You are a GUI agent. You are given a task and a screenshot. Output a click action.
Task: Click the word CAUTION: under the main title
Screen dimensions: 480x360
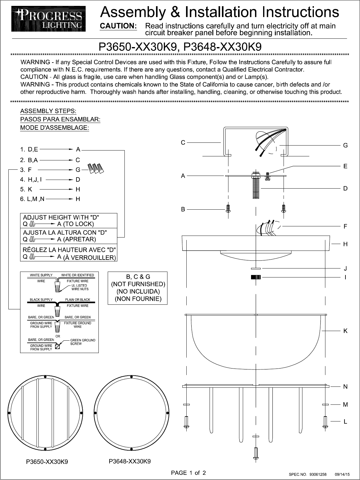tap(119, 26)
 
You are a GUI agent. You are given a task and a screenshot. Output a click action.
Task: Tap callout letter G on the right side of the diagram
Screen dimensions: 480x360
tap(345, 145)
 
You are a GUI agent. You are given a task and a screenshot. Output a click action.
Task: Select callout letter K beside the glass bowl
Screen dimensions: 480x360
tap(345, 331)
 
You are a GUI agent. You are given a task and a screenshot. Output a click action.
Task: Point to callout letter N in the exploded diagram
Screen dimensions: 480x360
tap(345, 387)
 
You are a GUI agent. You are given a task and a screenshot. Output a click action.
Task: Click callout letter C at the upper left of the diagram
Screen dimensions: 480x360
tap(183, 142)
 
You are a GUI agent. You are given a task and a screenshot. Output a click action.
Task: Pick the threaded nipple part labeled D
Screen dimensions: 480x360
tap(256, 189)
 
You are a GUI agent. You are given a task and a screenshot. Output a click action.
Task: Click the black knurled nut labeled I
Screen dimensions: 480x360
tap(256, 277)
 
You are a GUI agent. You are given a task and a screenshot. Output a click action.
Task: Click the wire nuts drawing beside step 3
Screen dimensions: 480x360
tap(96, 168)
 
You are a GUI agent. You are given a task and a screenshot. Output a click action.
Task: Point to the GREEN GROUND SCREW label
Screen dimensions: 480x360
tap(83, 342)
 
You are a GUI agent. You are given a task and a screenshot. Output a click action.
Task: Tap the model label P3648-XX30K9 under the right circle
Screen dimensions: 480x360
tap(130, 461)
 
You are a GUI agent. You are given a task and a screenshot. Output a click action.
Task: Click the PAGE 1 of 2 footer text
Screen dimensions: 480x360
tap(189, 473)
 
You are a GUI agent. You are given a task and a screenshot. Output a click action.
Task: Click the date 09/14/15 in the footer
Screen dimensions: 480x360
tap(342, 474)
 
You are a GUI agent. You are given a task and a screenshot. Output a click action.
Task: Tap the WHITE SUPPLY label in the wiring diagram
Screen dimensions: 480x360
tap(41, 275)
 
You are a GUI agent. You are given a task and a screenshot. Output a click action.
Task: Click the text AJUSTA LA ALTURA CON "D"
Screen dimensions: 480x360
tap(65, 233)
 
